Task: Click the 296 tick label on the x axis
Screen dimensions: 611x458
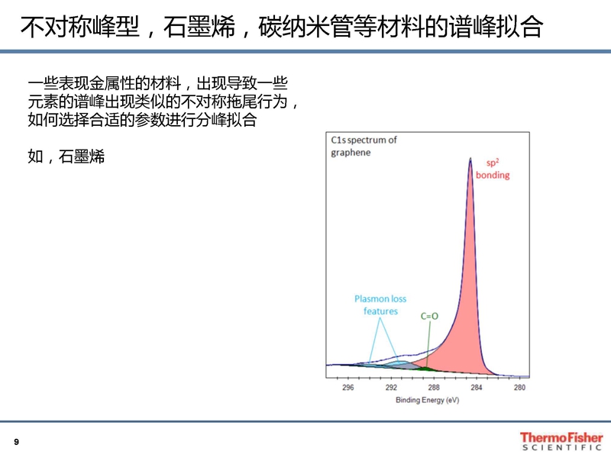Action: [x=348, y=388]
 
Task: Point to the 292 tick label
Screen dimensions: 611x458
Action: [x=391, y=388]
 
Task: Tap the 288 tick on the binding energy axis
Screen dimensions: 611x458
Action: [x=434, y=388]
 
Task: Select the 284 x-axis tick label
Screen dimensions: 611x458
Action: [x=476, y=388]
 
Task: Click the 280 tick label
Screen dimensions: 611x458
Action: [x=519, y=388]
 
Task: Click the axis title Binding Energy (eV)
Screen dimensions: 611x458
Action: [x=428, y=400]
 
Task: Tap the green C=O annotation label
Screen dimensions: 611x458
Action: [x=429, y=316]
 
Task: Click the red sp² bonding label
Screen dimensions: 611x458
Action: [x=493, y=169]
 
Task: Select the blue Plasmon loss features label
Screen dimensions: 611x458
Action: [x=380, y=305]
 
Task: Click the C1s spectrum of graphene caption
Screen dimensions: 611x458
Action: [x=364, y=146]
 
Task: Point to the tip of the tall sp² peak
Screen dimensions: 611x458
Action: [x=470, y=158]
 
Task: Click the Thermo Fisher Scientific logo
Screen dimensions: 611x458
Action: [x=561, y=441]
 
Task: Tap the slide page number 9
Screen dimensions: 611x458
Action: [x=16, y=442]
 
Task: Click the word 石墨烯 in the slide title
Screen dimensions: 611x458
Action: [x=199, y=27]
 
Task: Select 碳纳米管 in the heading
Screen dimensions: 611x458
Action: [x=295, y=27]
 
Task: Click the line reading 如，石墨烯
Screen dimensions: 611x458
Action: [x=66, y=156]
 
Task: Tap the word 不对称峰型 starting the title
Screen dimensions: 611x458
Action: [x=80, y=27]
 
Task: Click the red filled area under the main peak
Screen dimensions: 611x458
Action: [x=467, y=311]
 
